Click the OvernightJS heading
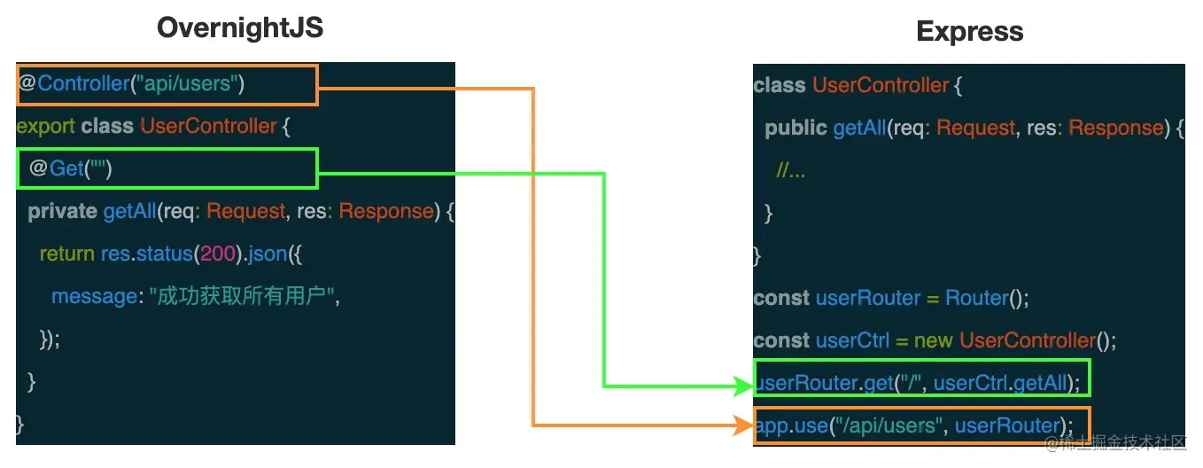pos(240,27)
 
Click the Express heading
pos(970,32)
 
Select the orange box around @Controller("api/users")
pos(167,85)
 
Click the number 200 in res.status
pos(217,254)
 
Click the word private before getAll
pos(62,212)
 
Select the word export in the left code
pos(45,127)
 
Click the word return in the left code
pos(66,254)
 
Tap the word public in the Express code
pos(796,129)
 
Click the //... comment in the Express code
pos(790,171)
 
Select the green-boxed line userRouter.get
pos(921,384)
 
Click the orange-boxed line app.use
pos(921,426)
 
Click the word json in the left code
pos(268,254)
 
